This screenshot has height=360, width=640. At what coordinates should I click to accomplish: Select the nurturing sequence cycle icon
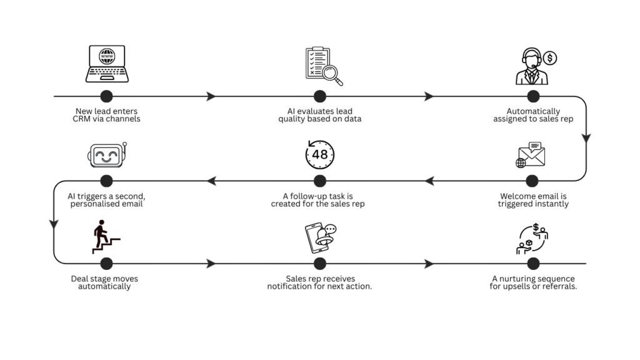coord(532,239)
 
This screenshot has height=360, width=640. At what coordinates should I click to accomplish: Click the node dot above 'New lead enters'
coord(107,96)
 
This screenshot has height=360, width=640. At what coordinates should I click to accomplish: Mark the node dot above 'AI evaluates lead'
coord(320,96)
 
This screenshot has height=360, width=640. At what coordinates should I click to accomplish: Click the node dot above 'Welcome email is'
coord(532,181)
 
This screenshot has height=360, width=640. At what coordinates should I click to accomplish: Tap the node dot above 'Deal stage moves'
coord(107,263)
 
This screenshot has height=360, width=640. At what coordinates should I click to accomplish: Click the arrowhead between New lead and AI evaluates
coord(211,96)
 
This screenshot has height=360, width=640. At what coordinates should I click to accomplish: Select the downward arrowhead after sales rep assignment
coord(586,139)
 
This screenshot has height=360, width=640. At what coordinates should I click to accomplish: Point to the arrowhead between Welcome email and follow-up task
coord(429,181)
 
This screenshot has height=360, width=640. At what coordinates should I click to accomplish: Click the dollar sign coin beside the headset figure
coord(550,58)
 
